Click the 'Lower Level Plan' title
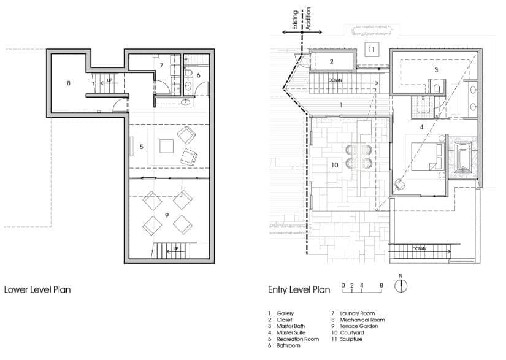pos(37,289)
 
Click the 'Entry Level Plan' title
pos(299,289)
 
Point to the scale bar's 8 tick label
pos(381,285)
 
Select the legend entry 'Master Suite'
pos(291,332)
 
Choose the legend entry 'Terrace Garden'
pos(359,326)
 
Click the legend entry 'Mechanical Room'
pos(362,320)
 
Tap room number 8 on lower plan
pos(69,83)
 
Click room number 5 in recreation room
pos(141,147)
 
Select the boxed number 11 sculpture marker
pos(372,49)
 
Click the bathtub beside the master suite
pos(462,158)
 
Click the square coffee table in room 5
pos(167,146)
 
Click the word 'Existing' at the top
pos(295,20)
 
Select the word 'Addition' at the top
pos(308,19)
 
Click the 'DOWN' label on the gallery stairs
pos(335,80)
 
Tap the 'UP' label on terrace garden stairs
pos(176,248)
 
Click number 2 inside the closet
pos(331,61)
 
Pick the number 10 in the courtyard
pos(335,165)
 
